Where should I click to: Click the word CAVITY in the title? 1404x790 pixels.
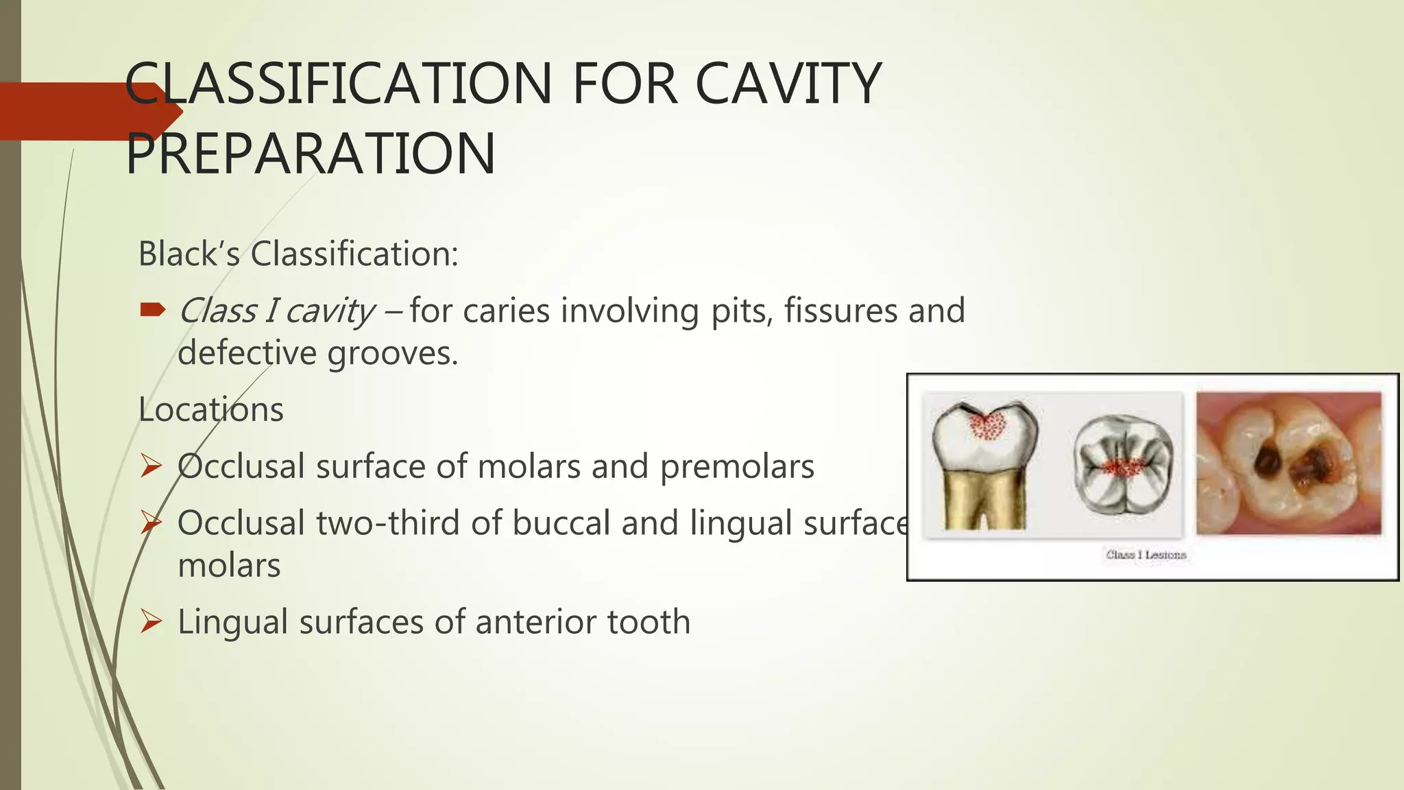tap(788, 84)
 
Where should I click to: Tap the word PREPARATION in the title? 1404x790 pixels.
tap(310, 154)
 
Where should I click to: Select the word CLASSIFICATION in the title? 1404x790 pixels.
tap(339, 84)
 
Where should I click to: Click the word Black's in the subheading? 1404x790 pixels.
tap(189, 254)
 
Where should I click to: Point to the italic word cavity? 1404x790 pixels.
tap(330, 311)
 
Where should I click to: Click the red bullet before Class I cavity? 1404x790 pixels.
tap(152, 310)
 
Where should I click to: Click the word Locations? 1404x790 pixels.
tap(210, 410)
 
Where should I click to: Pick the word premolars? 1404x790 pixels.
tap(737, 467)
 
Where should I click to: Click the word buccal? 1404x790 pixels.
tap(561, 523)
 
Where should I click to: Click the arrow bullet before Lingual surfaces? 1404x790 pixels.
tap(151, 621)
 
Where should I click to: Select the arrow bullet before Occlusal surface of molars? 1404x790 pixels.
tap(151, 466)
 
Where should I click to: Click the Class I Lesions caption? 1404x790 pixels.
tap(1146, 555)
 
